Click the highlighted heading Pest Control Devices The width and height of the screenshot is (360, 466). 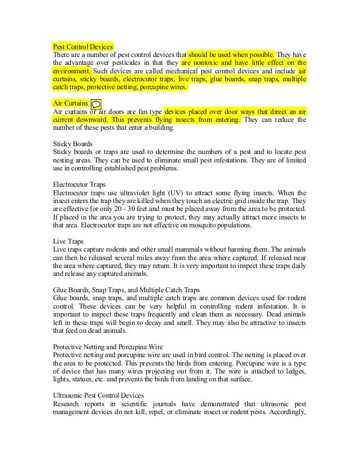click(x=83, y=46)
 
